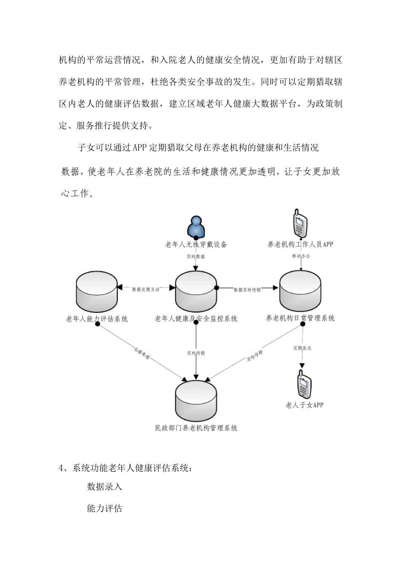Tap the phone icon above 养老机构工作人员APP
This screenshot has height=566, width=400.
pyautogui.click(x=300, y=223)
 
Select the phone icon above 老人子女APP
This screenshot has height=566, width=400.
pyautogui.click(x=304, y=384)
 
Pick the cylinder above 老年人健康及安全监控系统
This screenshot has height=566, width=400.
pyautogui.click(x=196, y=291)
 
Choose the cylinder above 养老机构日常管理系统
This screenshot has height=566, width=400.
pyautogui.click(x=300, y=291)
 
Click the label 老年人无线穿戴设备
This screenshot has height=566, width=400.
pyautogui.click(x=196, y=244)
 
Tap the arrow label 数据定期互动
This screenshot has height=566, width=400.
pyautogui.click(x=146, y=289)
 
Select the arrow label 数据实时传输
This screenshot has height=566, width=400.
pyautogui.click(x=247, y=290)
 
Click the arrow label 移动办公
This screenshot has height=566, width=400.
pyautogui.click(x=301, y=256)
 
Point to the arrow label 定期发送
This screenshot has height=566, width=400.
pyautogui.click(x=302, y=348)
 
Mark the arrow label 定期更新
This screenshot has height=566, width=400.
pyautogui.click(x=141, y=353)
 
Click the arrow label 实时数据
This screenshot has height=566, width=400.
pyautogui.click(x=196, y=256)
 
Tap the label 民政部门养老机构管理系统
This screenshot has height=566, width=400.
pyautogui.click(x=196, y=428)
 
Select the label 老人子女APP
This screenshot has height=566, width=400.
pyautogui.click(x=304, y=405)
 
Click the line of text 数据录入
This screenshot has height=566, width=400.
pyautogui.click(x=104, y=487)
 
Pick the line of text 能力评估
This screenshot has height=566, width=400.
pyautogui.click(x=104, y=508)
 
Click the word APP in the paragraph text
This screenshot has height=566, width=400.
pyautogui.click(x=139, y=148)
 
